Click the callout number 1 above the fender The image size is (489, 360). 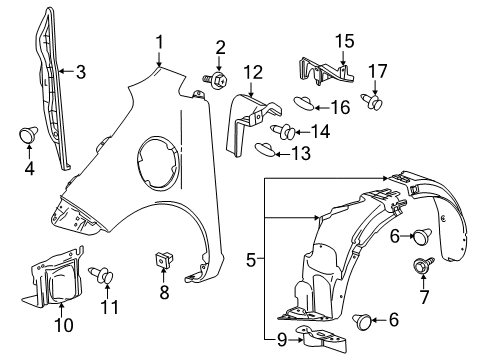(x=159, y=41)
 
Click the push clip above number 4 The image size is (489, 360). (x=28, y=134)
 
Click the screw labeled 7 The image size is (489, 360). (x=422, y=267)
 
